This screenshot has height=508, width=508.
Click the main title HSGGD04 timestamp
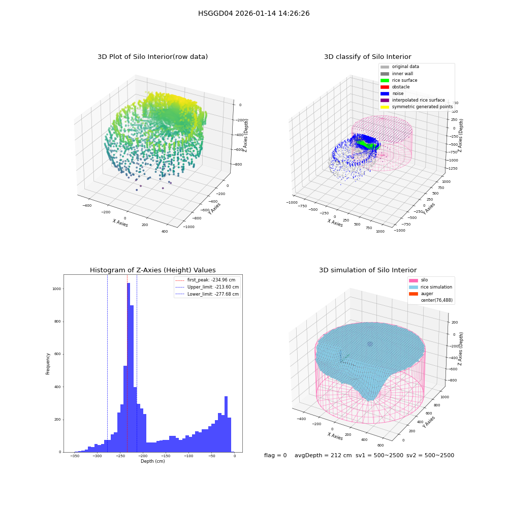pyautogui.click(x=253, y=13)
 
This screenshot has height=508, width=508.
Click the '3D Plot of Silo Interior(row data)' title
pyautogui.click(x=152, y=57)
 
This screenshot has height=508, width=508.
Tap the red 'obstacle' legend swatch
pyautogui.click(x=385, y=87)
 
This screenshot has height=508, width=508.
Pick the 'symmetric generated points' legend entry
pyautogui.click(x=417, y=107)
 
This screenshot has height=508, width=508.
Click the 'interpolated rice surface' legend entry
pyautogui.click(x=412, y=100)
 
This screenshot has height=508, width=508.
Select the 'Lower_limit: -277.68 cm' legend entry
pyautogui.click(x=207, y=294)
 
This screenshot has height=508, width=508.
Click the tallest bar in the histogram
pyautogui.click(x=129, y=367)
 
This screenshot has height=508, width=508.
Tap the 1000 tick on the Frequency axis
pyautogui.click(x=57, y=289)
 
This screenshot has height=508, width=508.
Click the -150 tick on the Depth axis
pyautogui.click(x=166, y=456)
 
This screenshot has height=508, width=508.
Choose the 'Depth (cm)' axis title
pyautogui.click(x=152, y=461)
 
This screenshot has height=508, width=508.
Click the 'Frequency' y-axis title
pyautogui.click(x=48, y=364)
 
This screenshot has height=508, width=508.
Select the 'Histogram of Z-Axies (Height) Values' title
pyautogui.click(x=152, y=270)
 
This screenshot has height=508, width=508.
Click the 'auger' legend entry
pyautogui.click(x=421, y=294)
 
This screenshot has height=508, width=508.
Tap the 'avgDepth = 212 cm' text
pyautogui.click(x=323, y=455)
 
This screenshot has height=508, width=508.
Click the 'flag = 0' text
pyautogui.click(x=275, y=455)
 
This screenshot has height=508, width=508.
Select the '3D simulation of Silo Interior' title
pyautogui.click(x=368, y=270)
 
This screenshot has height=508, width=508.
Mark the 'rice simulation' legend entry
pyautogui.click(x=431, y=287)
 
